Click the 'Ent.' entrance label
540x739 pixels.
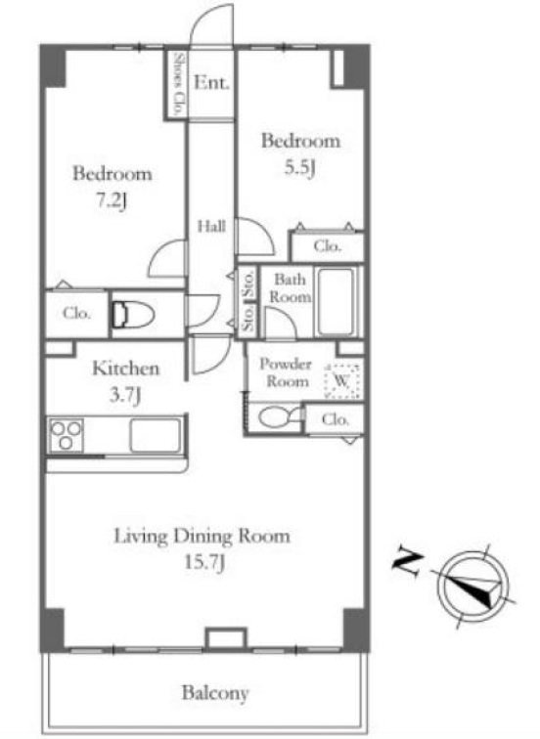coord(211,82)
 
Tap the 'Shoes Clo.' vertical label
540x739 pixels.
coord(178,84)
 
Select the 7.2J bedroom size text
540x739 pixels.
coord(112,201)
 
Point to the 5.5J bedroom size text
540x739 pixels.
coord(300,168)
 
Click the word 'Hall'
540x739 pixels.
coord(210,227)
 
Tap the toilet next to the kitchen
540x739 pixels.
coord(133,315)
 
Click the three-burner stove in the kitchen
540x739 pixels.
coord(67,435)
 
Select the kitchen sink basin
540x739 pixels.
coord(156,435)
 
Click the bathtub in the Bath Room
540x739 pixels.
coord(336,302)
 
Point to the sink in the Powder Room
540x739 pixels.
coord(279,417)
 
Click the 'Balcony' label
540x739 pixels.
coord(215,693)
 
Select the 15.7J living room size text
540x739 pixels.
coord(203,562)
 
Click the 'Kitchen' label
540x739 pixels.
coord(125,369)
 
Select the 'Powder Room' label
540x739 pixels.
coord(286,372)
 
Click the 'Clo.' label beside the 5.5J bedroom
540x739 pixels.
coord(327,246)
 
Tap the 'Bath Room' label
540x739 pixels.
coord(290,288)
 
